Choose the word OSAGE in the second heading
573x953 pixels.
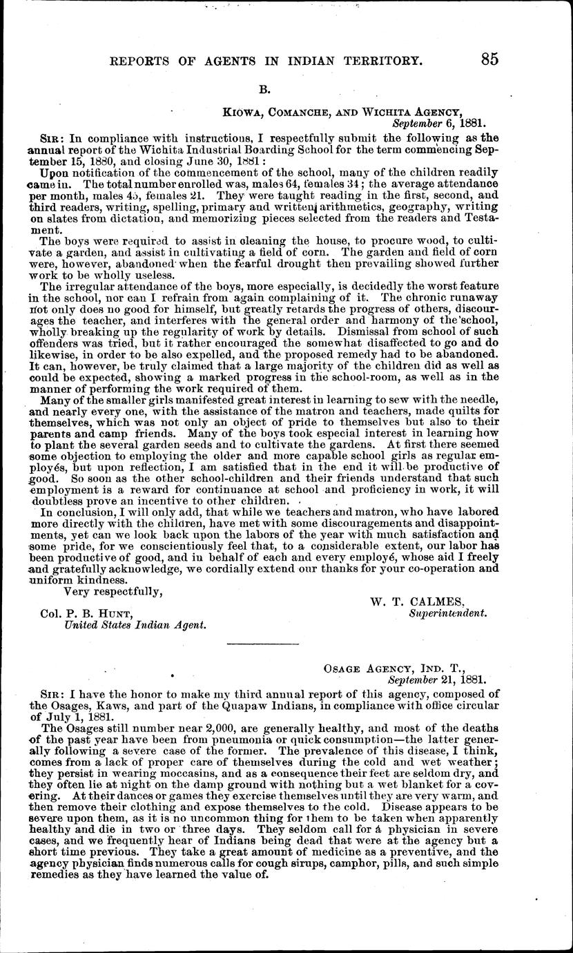340,668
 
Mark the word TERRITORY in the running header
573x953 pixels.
376,61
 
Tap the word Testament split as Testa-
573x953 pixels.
480,219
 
